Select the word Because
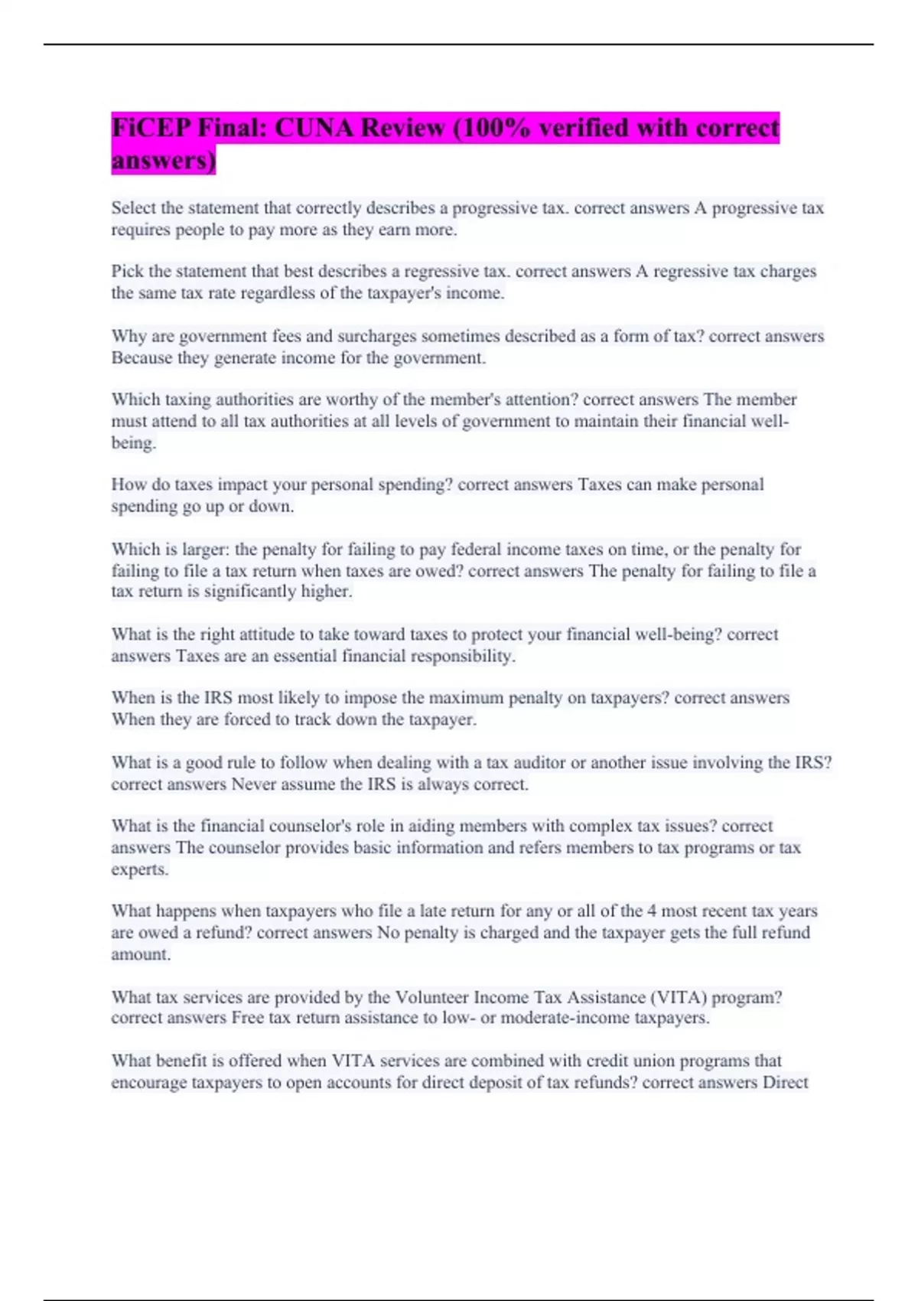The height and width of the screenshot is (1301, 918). point(142,357)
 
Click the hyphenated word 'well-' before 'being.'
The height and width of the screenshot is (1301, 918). point(769,421)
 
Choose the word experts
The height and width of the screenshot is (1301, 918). point(139,869)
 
